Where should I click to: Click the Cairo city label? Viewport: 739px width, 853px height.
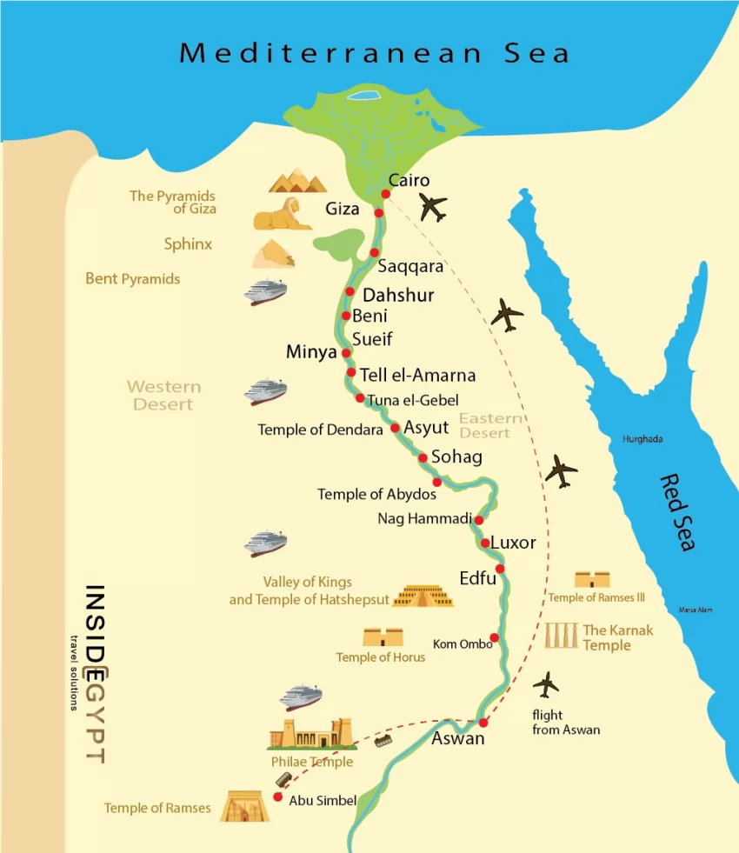click(409, 181)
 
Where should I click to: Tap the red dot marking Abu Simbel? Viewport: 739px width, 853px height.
click(278, 796)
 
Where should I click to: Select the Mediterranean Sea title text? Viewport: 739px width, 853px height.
click(375, 53)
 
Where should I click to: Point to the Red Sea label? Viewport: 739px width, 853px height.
click(677, 512)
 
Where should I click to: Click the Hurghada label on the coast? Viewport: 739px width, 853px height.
click(642, 439)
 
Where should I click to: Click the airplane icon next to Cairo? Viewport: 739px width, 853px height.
click(432, 208)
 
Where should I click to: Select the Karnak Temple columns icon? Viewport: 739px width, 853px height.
click(561, 636)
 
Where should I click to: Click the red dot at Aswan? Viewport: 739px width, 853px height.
click(483, 723)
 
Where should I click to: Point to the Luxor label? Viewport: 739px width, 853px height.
click(513, 543)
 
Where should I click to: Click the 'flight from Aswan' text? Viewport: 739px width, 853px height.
click(566, 723)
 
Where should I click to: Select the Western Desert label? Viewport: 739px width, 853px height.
click(163, 396)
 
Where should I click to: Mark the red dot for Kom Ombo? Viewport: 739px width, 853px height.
click(494, 638)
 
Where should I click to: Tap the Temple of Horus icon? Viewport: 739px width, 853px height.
click(383, 636)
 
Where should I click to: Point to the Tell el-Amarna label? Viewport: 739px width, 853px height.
click(417, 376)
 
